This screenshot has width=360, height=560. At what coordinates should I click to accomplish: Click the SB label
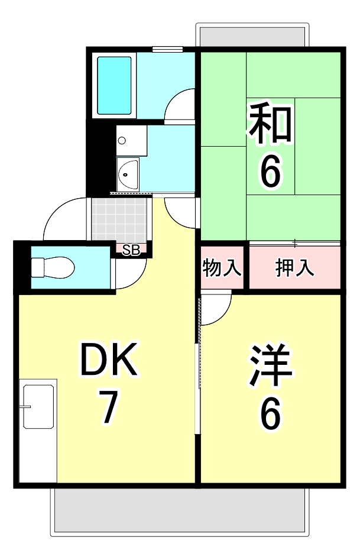coord(131,250)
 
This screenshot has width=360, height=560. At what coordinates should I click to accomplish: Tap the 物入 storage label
coord(222,268)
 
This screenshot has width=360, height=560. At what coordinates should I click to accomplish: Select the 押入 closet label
coord(294,268)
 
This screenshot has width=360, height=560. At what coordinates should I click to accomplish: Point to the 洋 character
coord(271,364)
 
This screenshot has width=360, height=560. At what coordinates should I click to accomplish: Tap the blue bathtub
coord(115,85)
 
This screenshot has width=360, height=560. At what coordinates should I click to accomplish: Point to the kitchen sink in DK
coord(38,406)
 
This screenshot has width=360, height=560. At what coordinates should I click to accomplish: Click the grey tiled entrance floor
coord(119,219)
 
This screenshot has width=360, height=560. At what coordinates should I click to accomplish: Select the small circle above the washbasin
coord(122,141)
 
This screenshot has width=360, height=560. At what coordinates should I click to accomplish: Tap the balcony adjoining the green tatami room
coord(252,37)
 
